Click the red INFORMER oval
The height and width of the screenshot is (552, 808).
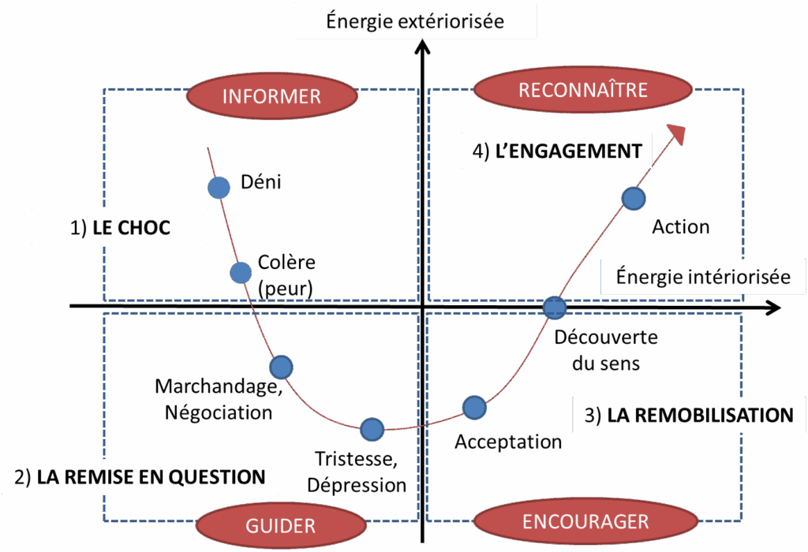[271, 96]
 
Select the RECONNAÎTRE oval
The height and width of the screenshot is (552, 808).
[582, 90]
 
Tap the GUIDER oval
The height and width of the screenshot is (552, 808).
[280, 525]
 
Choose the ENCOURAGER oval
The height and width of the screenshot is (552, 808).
[585, 521]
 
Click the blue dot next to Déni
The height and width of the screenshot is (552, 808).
[219, 188]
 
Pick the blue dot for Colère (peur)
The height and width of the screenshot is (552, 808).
[241, 273]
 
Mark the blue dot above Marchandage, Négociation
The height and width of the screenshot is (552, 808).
[281, 367]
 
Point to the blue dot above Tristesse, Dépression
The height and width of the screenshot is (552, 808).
[372, 429]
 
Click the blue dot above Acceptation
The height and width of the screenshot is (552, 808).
[473, 407]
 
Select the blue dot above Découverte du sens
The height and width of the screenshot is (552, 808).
[555, 307]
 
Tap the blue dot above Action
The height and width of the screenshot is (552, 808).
[634, 198]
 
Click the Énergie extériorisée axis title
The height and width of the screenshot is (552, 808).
[414, 21]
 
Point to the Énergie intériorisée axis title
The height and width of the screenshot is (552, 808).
[702, 277]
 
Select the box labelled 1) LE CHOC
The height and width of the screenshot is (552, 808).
[120, 228]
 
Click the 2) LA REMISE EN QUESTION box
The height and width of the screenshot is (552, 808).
[140, 477]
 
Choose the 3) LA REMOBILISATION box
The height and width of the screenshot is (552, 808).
[688, 415]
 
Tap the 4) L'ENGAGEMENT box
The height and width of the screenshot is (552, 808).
[556, 151]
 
